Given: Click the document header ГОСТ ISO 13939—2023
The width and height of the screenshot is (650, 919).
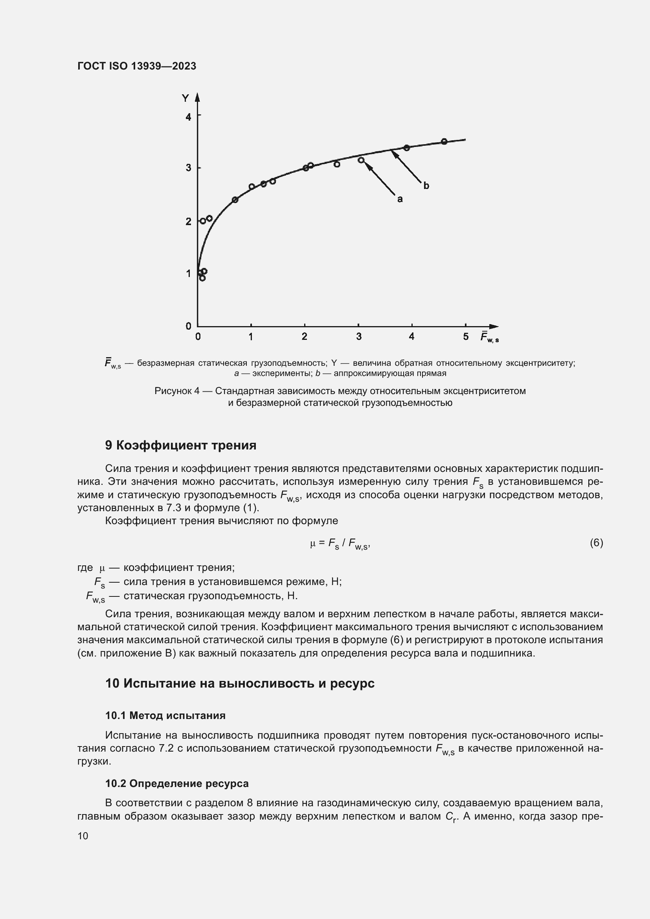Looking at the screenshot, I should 137,66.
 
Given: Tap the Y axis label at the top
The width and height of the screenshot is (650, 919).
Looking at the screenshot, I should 185,99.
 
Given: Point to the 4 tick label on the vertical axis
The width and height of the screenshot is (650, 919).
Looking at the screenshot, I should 188,117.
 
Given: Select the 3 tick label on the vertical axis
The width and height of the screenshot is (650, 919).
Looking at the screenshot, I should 188,168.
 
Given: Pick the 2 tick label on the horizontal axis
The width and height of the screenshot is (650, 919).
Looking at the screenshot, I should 305,337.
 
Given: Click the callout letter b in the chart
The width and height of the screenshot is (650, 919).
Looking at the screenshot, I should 426,186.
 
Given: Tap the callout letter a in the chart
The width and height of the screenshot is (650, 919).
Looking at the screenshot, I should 399,199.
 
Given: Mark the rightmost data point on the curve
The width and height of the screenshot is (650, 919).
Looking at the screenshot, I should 444,141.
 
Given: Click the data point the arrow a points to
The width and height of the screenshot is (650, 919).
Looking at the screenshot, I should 361,160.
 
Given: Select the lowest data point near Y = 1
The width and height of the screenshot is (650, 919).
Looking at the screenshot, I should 202,278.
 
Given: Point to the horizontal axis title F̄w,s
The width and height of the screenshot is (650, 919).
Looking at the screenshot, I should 490,337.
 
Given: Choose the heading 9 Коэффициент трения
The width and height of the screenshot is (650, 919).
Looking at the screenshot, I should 180,446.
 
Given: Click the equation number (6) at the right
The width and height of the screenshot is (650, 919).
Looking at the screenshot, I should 596,543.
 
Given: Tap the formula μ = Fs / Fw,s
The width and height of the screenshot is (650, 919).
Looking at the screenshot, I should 340,543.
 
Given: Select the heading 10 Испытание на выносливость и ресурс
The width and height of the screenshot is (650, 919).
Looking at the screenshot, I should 240,683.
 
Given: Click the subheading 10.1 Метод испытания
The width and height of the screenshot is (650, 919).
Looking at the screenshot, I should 165,715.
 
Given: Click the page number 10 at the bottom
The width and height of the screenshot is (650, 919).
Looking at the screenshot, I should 83,836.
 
